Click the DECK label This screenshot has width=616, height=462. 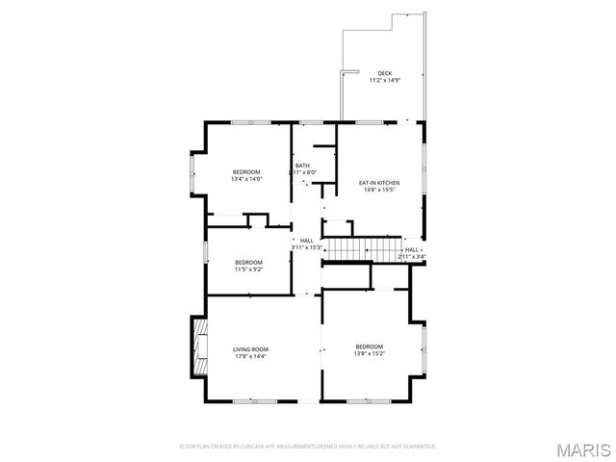pyautogui.click(x=384, y=73)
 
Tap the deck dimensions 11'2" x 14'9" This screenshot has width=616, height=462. pyautogui.click(x=384, y=80)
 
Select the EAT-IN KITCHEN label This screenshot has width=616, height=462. pyautogui.click(x=379, y=183)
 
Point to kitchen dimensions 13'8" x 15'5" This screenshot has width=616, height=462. pyautogui.click(x=379, y=190)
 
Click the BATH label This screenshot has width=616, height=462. pyautogui.click(x=302, y=166)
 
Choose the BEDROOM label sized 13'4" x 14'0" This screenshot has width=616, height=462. pyautogui.click(x=246, y=172)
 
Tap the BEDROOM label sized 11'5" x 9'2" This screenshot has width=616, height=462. pyautogui.click(x=249, y=262)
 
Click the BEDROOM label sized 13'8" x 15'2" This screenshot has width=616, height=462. pyautogui.click(x=369, y=346)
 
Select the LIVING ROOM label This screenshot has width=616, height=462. pyautogui.click(x=250, y=349)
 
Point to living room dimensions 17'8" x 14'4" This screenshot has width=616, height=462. pyautogui.click(x=250, y=356)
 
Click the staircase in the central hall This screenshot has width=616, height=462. pyautogui.click(x=348, y=248)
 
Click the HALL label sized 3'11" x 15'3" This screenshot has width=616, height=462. pyautogui.click(x=306, y=241)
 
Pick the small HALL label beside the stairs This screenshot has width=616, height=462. pyautogui.click(x=412, y=249)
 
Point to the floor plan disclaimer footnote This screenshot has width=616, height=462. pyautogui.click(x=308, y=447)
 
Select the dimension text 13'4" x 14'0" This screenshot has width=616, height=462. pyautogui.click(x=246, y=179)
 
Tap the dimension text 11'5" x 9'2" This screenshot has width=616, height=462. pyautogui.click(x=249, y=269)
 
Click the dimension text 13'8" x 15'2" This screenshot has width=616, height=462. pyautogui.click(x=369, y=353)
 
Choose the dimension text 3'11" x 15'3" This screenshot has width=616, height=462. pyautogui.click(x=306, y=247)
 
